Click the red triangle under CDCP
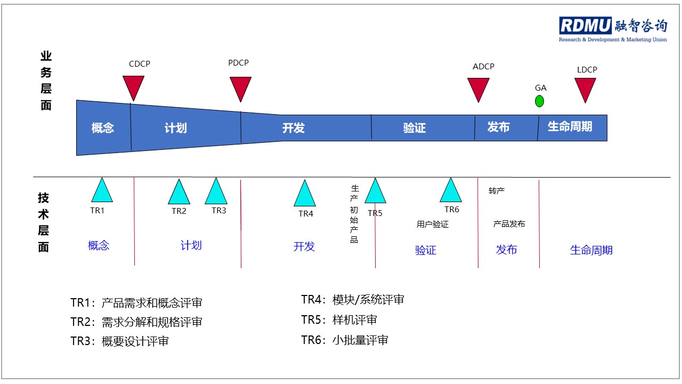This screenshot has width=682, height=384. pos(133,86)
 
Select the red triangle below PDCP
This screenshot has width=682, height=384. pos(240,87)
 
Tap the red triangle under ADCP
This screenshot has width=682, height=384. pos(478,88)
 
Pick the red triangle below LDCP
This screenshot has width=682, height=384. pos(585,89)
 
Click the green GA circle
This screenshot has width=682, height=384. pos(539,101)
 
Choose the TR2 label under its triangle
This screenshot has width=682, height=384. pos(178,211)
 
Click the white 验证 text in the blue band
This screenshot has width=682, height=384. pos(415,127)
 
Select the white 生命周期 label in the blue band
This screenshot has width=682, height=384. pos(570,126)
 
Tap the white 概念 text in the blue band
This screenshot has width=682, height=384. pos(103,127)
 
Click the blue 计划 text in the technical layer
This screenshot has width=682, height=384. pos(191,245)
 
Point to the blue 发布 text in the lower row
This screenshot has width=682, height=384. pos(506,250)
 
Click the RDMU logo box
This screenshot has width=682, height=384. pos(585,25)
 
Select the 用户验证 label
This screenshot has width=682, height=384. pos(432,225)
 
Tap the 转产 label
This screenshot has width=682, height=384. pos(497,191)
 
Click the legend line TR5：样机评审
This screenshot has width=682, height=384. pos(339,320)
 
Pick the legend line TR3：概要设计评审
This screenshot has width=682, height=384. pos(119,341)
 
